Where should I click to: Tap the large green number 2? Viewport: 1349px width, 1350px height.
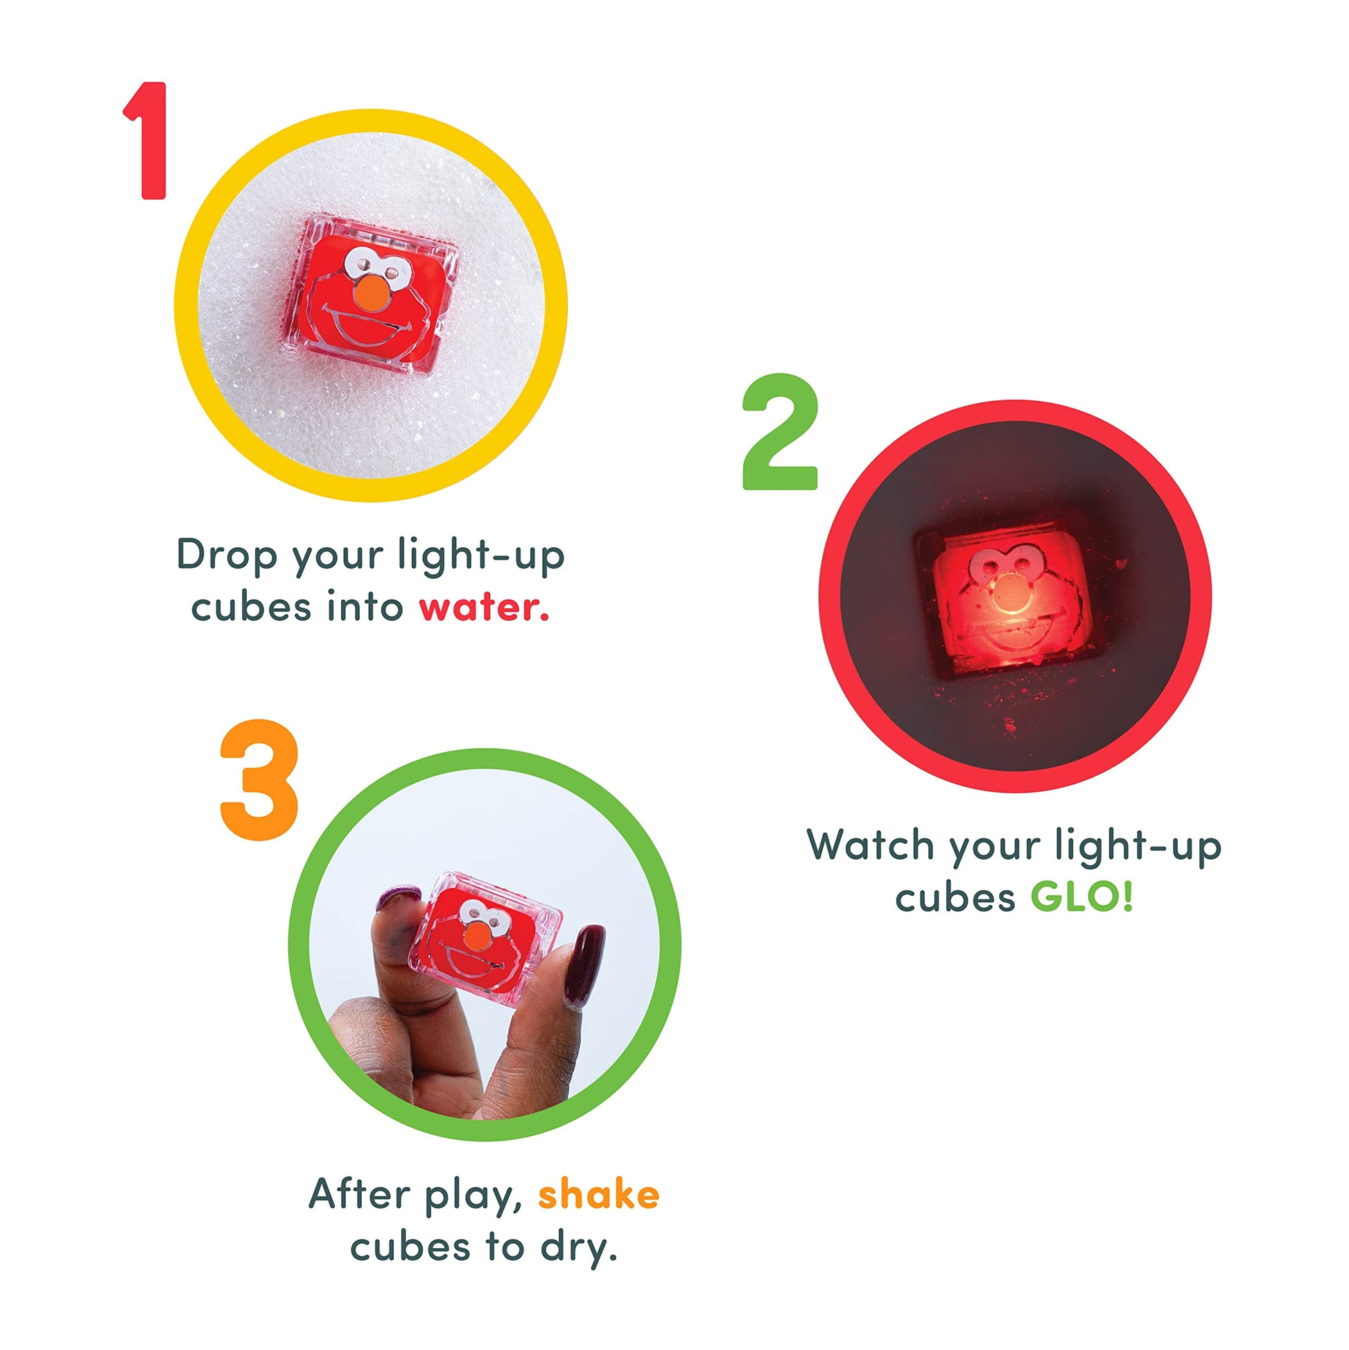click(780, 431)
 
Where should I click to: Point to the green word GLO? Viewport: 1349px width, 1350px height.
click(1081, 897)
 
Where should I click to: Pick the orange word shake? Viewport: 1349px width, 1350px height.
click(599, 1193)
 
